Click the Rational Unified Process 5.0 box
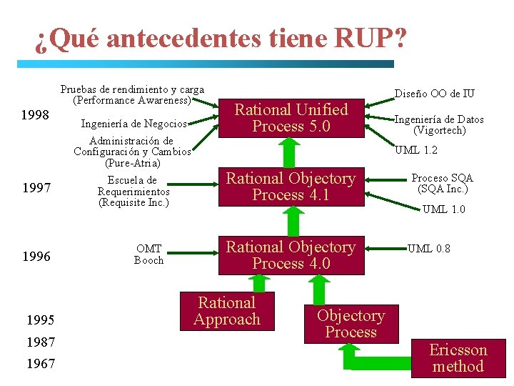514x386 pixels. tap(291, 118)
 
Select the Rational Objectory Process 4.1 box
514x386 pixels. tap(291, 187)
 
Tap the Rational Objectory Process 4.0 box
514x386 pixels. tap(291, 255)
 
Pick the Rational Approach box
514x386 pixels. tap(227, 311)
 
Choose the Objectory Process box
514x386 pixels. tap(351, 324)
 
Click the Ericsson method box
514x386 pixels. tap(458, 358)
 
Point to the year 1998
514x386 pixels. tap(36, 115)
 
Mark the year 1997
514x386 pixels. tap(36, 188)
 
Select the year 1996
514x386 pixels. tap(36, 257)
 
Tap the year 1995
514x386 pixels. tap(41, 320)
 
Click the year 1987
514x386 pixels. tap(41, 342)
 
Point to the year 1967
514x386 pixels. tap(41, 364)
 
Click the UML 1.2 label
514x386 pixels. tap(416, 150)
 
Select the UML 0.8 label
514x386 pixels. tap(429, 249)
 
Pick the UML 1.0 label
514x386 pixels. tap(443, 209)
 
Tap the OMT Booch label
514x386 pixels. tap(148, 254)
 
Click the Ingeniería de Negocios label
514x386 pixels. tap(134, 124)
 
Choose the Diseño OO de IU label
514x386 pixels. tap(435, 94)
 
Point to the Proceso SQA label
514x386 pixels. tap(443, 184)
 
